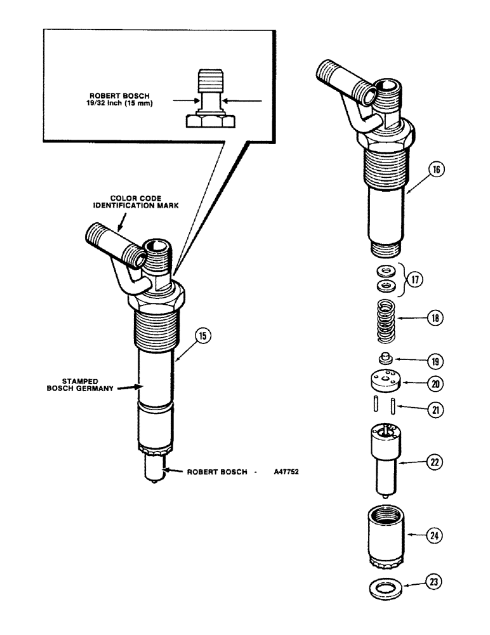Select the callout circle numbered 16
click(x=440, y=170)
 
